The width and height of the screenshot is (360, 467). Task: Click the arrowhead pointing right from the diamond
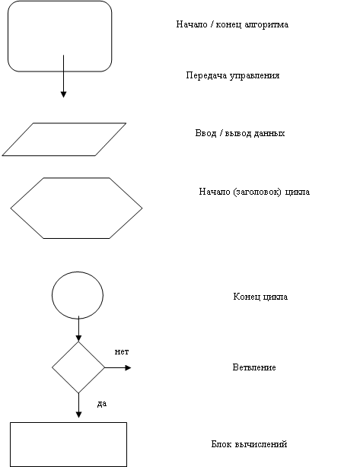pos(128,368)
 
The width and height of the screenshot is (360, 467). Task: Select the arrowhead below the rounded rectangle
pos(63,94)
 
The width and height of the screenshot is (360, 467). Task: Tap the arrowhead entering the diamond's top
pos(78,338)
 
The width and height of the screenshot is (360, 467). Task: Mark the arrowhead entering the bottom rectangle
pos(78,415)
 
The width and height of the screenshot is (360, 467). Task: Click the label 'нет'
pos(122,351)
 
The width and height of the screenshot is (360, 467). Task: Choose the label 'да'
pos(102,404)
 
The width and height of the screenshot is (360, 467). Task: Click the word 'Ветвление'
pos(254,367)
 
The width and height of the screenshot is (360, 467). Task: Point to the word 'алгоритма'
pos(266,24)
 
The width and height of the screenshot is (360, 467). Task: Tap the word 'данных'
pos(269,133)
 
